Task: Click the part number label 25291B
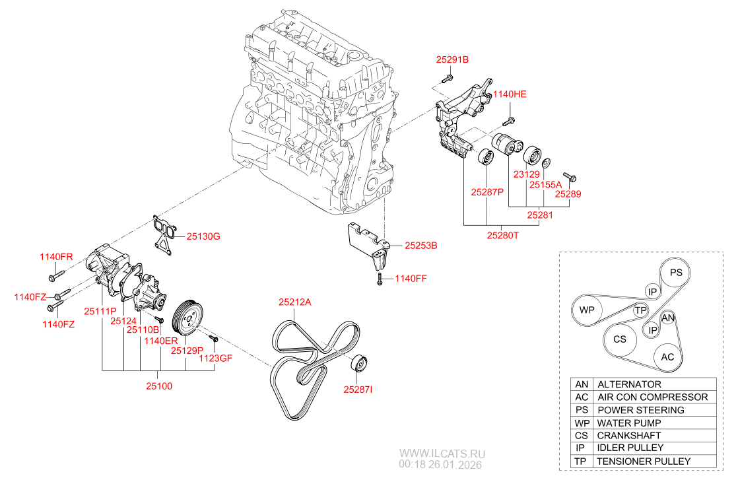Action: pos(452,59)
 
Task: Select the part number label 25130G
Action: pos(203,236)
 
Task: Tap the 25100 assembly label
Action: pos(159,386)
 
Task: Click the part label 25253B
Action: pos(421,245)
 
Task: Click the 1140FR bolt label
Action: pos(56,256)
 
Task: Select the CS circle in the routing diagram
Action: pos(619,339)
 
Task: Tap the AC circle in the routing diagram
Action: pos(667,357)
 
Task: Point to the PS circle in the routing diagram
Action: pos(676,272)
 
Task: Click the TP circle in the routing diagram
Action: pos(639,310)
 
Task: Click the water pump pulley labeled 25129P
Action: pos(189,318)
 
